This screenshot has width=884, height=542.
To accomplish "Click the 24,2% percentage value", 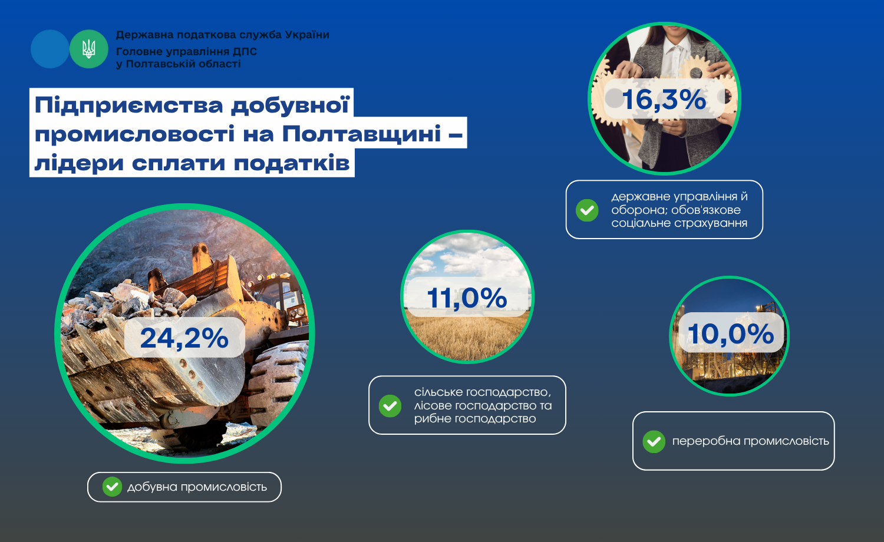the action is pos(184,338).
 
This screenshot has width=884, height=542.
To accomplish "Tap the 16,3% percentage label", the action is pos(664,99).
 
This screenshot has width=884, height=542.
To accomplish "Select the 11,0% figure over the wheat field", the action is pos(467,298).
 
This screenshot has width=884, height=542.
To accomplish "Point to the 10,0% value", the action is pos(731,333).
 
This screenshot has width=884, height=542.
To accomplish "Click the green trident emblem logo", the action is pos(89,49).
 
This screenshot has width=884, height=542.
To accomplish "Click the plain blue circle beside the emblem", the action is pos(50,49).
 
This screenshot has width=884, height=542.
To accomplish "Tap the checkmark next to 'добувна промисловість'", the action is pos(112,487).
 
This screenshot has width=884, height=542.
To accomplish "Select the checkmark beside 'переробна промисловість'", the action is pos(654,441).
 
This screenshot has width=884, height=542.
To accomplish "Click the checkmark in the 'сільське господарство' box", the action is pos(390,406).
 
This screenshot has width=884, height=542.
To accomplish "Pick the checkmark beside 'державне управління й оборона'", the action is pos(587,210).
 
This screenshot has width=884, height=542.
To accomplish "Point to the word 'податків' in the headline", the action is pos(292,163).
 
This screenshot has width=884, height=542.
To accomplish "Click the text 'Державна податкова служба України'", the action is pos(223,35).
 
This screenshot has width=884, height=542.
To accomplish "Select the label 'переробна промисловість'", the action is pos(751,441).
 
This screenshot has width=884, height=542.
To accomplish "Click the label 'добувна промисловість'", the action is pos(197,487).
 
